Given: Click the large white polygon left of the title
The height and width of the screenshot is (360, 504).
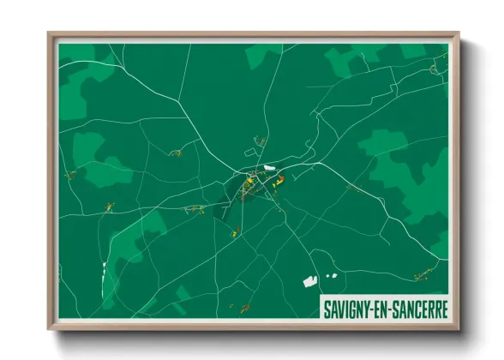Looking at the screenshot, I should [x=310, y=279].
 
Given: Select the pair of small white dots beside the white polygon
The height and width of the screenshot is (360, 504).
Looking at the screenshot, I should [x=330, y=275].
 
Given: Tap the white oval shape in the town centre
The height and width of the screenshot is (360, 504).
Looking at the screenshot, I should [x=270, y=166].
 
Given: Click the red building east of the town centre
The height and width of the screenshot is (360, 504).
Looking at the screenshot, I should [x=278, y=180].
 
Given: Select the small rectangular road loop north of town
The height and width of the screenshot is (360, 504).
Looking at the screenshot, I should [x=261, y=141].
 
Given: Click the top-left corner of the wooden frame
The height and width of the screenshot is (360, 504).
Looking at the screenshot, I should [x=50, y=33].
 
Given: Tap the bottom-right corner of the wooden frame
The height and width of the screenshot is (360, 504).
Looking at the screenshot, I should [x=459, y=330].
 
